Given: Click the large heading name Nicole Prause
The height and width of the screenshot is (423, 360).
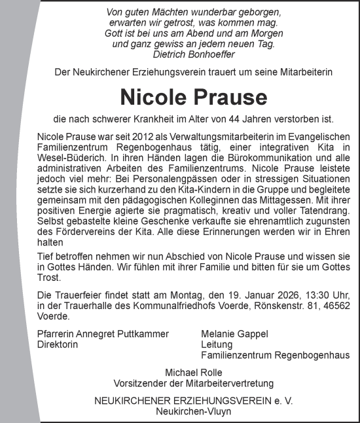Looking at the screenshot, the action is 193,97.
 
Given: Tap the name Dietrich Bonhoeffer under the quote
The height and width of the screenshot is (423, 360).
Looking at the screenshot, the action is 194,55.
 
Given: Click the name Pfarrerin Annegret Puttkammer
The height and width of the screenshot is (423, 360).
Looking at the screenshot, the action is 99,334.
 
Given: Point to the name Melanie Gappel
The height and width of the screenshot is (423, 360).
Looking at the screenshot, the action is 234,334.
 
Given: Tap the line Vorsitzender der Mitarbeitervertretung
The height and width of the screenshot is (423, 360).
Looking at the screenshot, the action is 193,383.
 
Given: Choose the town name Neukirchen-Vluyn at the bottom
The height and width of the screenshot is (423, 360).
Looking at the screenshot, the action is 193,411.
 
